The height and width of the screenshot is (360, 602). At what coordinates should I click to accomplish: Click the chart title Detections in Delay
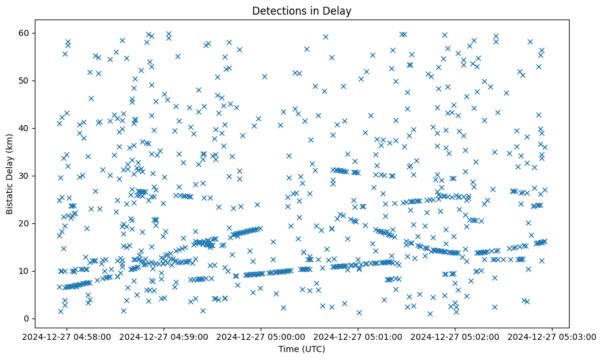[x=301, y=10]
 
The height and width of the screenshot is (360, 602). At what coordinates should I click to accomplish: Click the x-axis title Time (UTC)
[x=301, y=350]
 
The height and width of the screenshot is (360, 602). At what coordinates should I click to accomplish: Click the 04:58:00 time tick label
[x=67, y=336]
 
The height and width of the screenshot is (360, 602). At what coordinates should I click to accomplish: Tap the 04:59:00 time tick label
[x=164, y=336]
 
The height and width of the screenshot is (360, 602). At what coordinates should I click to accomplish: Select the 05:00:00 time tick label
[x=262, y=336]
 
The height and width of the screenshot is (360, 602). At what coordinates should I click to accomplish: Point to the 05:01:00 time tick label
[x=359, y=336]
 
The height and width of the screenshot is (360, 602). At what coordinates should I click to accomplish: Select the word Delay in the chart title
[x=339, y=10]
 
